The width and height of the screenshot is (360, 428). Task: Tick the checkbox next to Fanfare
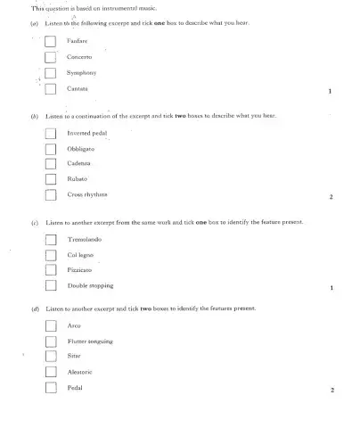[x=52, y=40]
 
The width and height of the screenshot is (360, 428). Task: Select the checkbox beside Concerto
[x=52, y=56]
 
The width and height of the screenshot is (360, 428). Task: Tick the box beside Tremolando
[x=52, y=238]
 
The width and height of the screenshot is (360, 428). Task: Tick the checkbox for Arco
[x=52, y=325]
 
